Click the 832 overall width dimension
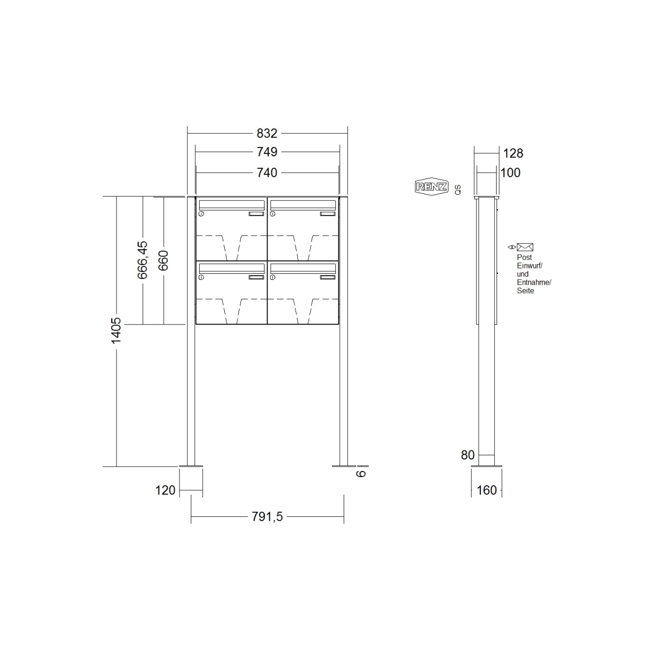tap(267, 133)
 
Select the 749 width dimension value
tap(267, 152)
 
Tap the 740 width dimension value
tap(267, 173)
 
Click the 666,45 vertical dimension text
tap(143, 260)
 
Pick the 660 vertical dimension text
tap(163, 260)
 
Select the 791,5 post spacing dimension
tap(266, 517)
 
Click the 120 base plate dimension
tap(165, 490)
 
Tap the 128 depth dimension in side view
tap(513, 153)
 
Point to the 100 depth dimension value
tap(510, 173)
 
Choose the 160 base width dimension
tap(487, 490)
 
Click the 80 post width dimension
tap(468, 455)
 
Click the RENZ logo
tap(432, 186)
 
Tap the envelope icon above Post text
tap(525, 247)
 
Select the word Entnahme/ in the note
tap(534, 282)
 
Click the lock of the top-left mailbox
tap(201, 214)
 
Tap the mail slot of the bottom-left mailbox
tap(231, 267)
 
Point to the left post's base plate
tap(191, 466)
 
